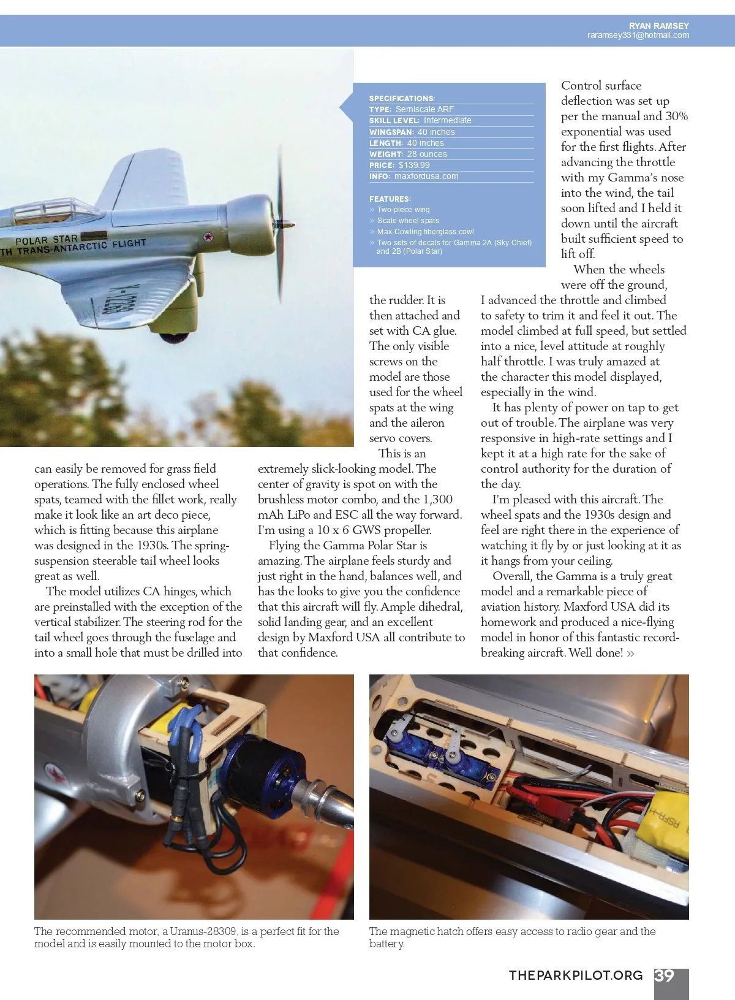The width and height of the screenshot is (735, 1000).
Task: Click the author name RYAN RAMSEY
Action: pyautogui.click(x=658, y=26)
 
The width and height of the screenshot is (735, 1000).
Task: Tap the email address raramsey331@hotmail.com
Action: pyautogui.click(x=638, y=36)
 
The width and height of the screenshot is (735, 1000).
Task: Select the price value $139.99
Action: pyautogui.click(x=414, y=165)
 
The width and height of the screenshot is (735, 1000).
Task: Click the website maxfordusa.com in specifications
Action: pyautogui.click(x=426, y=176)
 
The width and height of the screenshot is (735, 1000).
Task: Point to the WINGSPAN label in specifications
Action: pyautogui.click(x=391, y=132)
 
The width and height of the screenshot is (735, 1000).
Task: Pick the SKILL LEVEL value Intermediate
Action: pyautogui.click(x=447, y=120)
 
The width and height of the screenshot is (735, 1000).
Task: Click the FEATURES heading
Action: pyautogui.click(x=390, y=199)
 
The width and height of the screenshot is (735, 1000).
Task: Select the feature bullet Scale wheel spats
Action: pyautogui.click(x=408, y=221)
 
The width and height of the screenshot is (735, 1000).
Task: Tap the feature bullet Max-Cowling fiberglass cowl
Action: pyautogui.click(x=425, y=232)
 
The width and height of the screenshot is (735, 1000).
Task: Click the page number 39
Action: pyautogui.click(x=665, y=975)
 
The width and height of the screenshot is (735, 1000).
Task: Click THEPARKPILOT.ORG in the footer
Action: pyautogui.click(x=576, y=975)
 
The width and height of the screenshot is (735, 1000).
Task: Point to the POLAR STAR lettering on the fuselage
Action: pyautogui.click(x=47, y=240)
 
